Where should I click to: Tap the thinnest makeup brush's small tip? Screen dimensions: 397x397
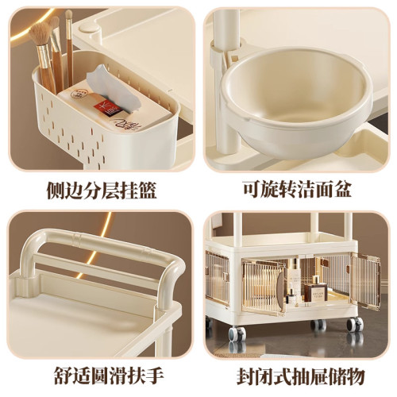pos(69,15)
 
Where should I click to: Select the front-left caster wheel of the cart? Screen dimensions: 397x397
pos(235,337)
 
